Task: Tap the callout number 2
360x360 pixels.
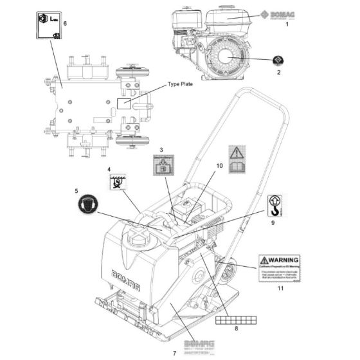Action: tap(278, 73)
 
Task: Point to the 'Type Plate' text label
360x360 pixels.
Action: tap(181, 84)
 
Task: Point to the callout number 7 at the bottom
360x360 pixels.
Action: tap(174, 353)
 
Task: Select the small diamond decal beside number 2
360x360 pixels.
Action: tap(278, 61)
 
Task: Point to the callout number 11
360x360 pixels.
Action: tap(280, 289)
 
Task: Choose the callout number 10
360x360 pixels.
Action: tap(219, 166)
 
